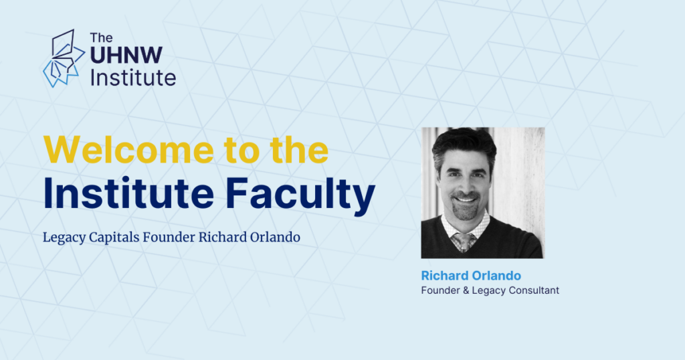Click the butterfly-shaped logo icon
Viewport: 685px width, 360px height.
pos(64,58)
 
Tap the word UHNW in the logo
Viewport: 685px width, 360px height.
pos(126,55)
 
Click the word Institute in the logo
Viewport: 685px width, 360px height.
pos(133,78)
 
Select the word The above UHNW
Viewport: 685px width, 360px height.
pos(102,37)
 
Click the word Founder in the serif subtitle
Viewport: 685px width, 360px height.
pos(169,237)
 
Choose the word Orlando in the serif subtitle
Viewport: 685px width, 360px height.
pos(275,237)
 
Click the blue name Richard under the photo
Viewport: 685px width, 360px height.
pos(445,276)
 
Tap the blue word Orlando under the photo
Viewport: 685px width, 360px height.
pos(496,276)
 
